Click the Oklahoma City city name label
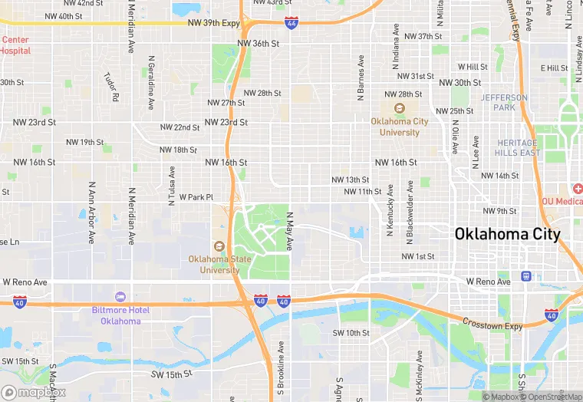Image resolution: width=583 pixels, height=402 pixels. tap(507, 234)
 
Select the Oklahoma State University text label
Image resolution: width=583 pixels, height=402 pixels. tap(219, 265)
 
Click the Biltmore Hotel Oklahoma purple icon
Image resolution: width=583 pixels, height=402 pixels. tap(120, 296)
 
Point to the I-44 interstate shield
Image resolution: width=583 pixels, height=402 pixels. tap(291, 25)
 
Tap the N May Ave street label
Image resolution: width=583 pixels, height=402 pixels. tap(290, 231)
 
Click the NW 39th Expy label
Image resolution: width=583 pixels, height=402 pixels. tap(214, 23)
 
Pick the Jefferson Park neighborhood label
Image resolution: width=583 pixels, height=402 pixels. tap(504, 103)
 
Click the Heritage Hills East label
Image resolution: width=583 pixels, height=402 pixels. tap(519, 148)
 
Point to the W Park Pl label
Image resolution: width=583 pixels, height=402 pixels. tap(196, 197)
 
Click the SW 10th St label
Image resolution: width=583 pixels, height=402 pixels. tap(351, 333)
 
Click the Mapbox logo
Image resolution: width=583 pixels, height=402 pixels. tap(33, 392)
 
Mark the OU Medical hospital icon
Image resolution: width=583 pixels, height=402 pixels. tap(575, 189)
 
